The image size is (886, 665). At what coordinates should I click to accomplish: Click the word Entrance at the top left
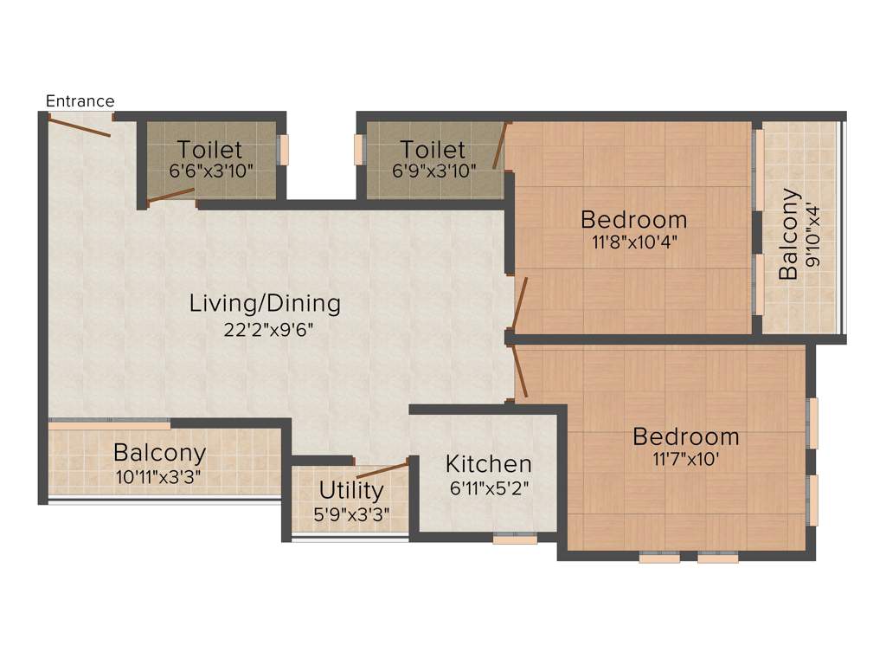(x=80, y=101)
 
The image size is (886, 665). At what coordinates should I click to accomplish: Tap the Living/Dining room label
(x=265, y=304)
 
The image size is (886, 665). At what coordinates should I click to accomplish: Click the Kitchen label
(x=488, y=464)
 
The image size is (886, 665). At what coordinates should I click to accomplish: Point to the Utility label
(x=350, y=491)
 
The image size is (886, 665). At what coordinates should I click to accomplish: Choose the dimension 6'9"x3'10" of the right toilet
(x=434, y=171)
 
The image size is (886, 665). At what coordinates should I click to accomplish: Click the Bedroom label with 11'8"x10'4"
(x=633, y=219)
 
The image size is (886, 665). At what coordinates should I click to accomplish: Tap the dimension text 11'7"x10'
(x=685, y=459)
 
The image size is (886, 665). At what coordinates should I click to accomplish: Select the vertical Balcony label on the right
(x=788, y=246)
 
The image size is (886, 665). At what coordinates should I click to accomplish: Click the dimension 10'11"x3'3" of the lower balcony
(x=159, y=475)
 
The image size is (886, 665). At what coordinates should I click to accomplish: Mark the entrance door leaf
(x=79, y=126)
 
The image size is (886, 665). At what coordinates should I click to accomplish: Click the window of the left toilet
(x=282, y=149)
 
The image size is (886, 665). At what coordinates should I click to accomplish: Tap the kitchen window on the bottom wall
(x=515, y=539)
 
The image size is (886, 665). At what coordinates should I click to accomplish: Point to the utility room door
(x=382, y=471)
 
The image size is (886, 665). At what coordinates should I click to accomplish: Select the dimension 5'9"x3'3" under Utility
(x=350, y=513)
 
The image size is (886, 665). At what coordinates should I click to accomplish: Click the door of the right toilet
(x=498, y=145)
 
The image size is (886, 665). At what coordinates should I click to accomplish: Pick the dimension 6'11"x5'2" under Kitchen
(x=489, y=487)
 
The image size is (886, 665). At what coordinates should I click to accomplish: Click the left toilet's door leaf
(x=170, y=195)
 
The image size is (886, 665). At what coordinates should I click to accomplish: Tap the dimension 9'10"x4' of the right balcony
(x=812, y=246)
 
